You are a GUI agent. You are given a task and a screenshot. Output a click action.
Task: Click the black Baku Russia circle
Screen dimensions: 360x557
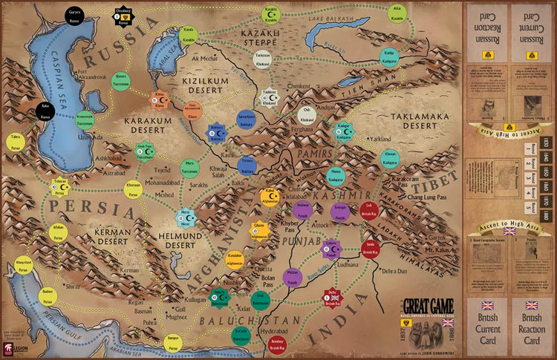pos(45,112)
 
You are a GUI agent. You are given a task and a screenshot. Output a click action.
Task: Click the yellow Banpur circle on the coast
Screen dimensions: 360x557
pos(172,341)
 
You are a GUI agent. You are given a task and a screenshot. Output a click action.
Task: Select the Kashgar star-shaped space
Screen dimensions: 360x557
pos(345,131)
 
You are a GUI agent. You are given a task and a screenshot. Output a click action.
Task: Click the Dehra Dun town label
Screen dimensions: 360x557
pos(395,271)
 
